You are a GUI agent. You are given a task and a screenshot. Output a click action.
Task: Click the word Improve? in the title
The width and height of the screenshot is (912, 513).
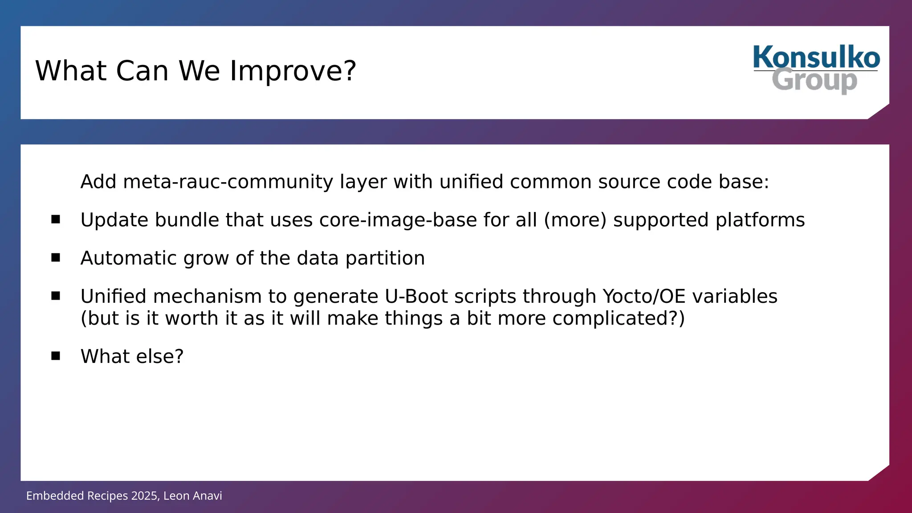point(293,71)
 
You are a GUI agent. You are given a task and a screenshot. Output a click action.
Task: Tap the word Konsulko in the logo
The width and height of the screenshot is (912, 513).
point(816,57)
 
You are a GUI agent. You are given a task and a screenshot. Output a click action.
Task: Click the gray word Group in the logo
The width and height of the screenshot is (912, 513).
point(814,81)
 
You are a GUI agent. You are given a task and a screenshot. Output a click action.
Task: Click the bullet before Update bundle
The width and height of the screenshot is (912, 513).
point(56,219)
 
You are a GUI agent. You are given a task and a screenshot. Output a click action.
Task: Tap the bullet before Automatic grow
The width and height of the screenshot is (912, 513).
point(56,257)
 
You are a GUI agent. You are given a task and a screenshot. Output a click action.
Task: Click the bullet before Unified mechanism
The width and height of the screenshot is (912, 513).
point(56,296)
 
